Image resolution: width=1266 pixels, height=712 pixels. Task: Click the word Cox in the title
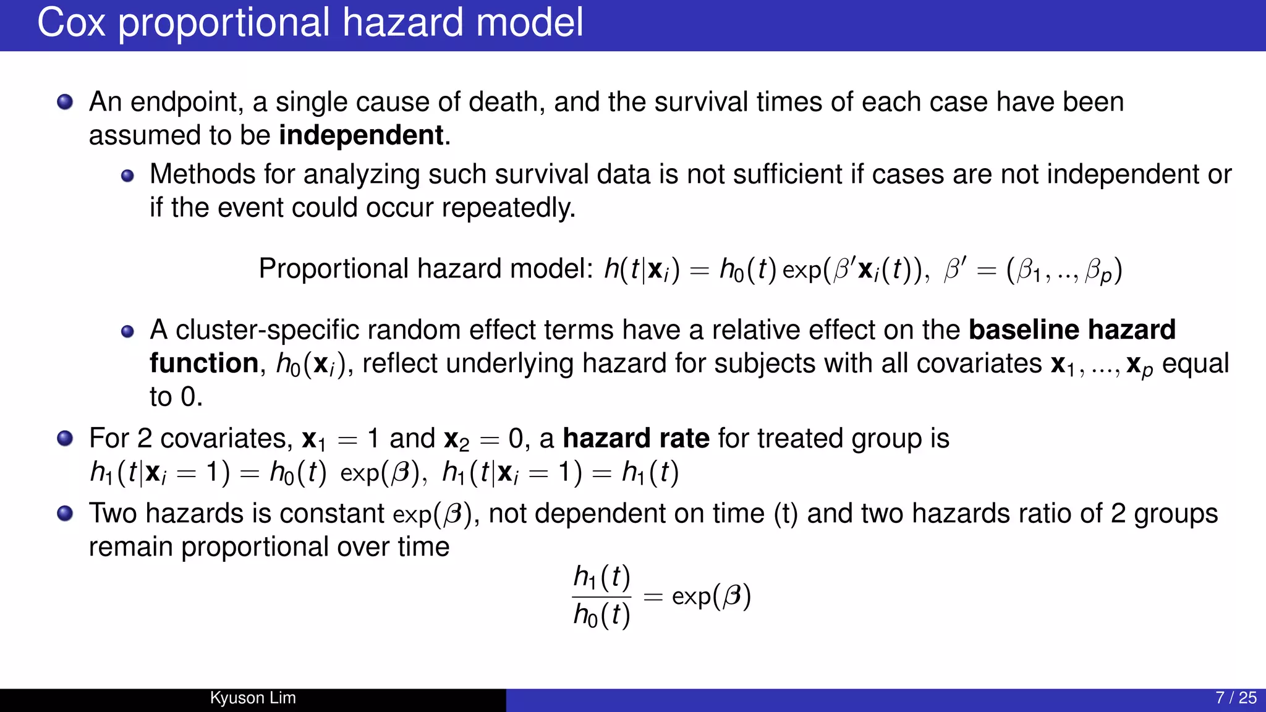click(71, 23)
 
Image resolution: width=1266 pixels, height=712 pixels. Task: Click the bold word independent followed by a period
click(361, 135)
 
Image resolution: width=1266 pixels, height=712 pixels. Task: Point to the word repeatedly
click(508, 208)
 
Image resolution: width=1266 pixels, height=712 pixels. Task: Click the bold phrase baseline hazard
click(1072, 329)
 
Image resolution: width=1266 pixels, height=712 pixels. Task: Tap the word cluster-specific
click(267, 330)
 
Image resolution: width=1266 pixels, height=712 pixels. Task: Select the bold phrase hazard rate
click(635, 438)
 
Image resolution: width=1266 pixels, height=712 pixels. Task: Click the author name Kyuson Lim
click(253, 698)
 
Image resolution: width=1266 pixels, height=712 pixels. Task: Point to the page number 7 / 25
click(1236, 698)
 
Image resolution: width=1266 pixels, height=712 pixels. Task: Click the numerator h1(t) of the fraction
click(601, 577)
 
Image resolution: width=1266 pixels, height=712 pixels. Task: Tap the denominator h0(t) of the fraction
click(601, 616)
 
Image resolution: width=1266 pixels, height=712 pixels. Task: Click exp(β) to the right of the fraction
click(711, 596)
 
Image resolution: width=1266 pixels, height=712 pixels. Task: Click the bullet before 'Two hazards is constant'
click(65, 514)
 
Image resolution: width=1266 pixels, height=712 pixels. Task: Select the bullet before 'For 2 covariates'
click(65, 439)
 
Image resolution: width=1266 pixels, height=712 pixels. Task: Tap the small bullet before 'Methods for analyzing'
click(127, 176)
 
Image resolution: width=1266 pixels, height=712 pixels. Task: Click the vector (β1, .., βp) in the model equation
click(1064, 270)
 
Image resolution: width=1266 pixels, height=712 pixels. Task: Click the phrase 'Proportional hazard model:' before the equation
click(425, 269)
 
